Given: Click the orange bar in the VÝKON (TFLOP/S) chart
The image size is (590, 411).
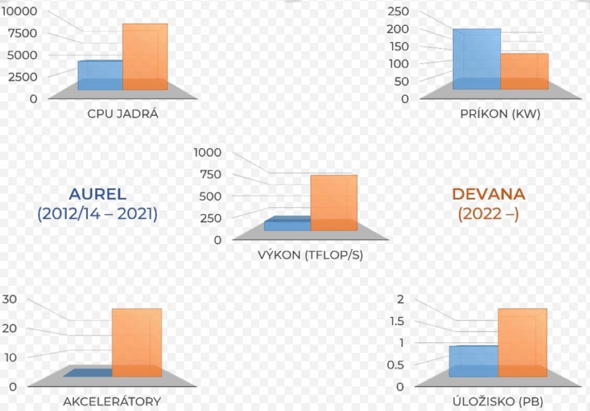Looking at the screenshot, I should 334,203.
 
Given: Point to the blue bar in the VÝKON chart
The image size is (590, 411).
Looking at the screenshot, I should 287,225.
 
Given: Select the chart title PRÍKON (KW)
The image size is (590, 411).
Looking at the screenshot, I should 500,115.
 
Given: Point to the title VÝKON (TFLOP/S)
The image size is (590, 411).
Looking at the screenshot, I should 310,256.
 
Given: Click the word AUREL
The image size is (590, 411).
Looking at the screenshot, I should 97,194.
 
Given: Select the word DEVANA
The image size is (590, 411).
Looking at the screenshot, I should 488,194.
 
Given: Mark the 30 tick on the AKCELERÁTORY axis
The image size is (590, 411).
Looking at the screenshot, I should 9,299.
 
